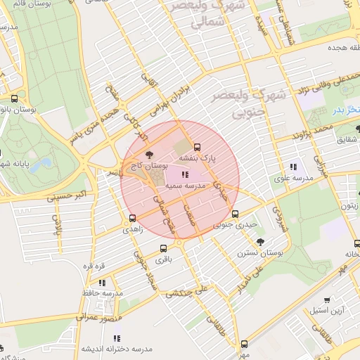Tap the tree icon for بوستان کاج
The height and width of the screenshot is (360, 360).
pyautogui.click(x=148, y=155)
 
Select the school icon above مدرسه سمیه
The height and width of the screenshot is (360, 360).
pyautogui.click(x=185, y=175)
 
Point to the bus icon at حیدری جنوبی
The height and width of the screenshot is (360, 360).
pyautogui.click(x=236, y=214)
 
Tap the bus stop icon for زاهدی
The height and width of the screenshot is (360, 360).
pyautogui.click(x=132, y=218)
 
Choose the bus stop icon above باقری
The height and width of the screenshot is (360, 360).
pyautogui.click(x=164, y=248)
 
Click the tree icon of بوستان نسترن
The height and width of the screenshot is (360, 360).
pyautogui.click(x=261, y=241)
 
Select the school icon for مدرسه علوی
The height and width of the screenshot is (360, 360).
pyautogui.click(x=292, y=167)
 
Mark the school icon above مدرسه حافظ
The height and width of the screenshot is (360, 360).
pyautogui.click(x=103, y=281)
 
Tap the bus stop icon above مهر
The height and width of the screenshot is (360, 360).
pyautogui.click(x=244, y=344)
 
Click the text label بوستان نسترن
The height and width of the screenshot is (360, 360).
pyautogui.click(x=260, y=252)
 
